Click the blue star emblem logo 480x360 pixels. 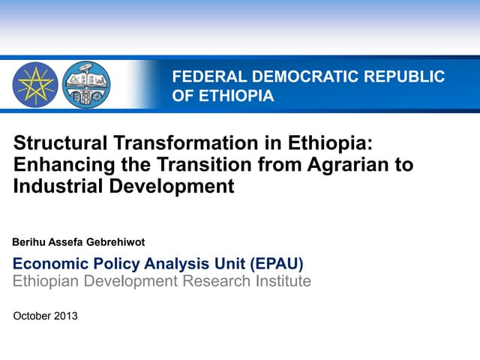pos(35,84)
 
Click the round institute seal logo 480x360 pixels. pos(85,84)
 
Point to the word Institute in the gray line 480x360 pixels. pos(283,281)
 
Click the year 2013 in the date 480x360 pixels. pos(65,316)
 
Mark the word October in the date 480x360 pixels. pos(31,316)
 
